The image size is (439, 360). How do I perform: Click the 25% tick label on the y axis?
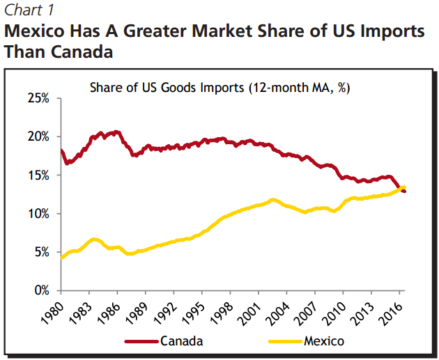click(39, 98)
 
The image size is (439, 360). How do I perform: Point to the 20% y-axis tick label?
click(39, 136)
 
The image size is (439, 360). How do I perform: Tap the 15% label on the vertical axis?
click(39, 175)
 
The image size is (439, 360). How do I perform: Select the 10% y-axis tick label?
click(39, 214)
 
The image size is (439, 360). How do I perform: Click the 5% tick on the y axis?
click(42, 252)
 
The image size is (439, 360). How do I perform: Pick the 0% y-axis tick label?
click(42, 290)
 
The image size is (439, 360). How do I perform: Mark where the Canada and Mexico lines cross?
click(399, 189)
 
